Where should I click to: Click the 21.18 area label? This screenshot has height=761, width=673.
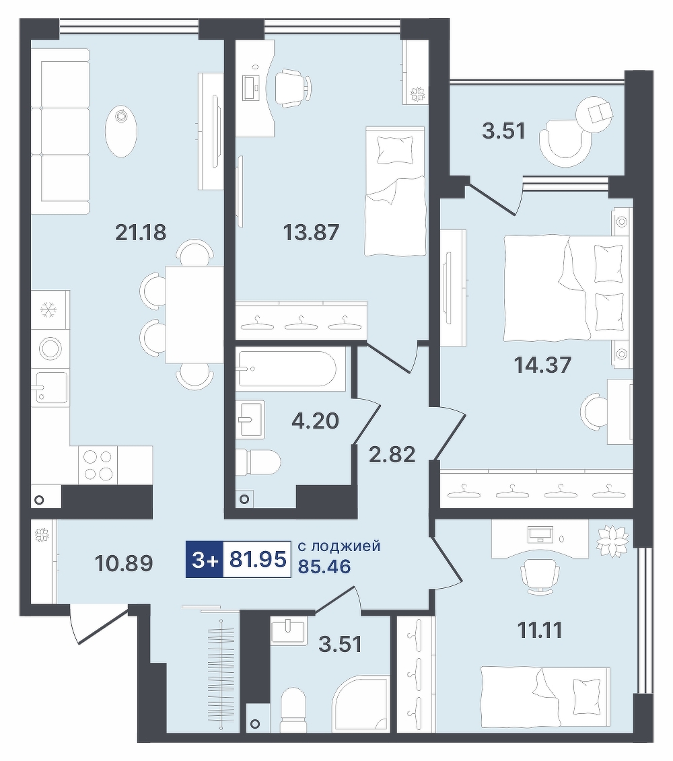[141, 233]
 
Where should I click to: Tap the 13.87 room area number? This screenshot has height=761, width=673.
[311, 233]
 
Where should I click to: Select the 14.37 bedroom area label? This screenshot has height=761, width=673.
[543, 364]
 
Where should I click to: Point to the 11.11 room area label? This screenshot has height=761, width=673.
[540, 630]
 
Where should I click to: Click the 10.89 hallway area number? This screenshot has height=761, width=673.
[125, 563]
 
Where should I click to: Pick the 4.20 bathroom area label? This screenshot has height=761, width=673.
[315, 421]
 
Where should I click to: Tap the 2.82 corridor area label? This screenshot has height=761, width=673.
[392, 455]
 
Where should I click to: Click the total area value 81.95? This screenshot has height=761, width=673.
[257, 560]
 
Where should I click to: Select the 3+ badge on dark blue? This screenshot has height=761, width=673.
[205, 560]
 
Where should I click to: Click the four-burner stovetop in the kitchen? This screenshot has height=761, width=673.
[98, 464]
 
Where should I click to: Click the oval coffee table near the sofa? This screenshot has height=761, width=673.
[121, 131]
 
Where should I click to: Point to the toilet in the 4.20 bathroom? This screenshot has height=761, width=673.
[258, 462]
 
